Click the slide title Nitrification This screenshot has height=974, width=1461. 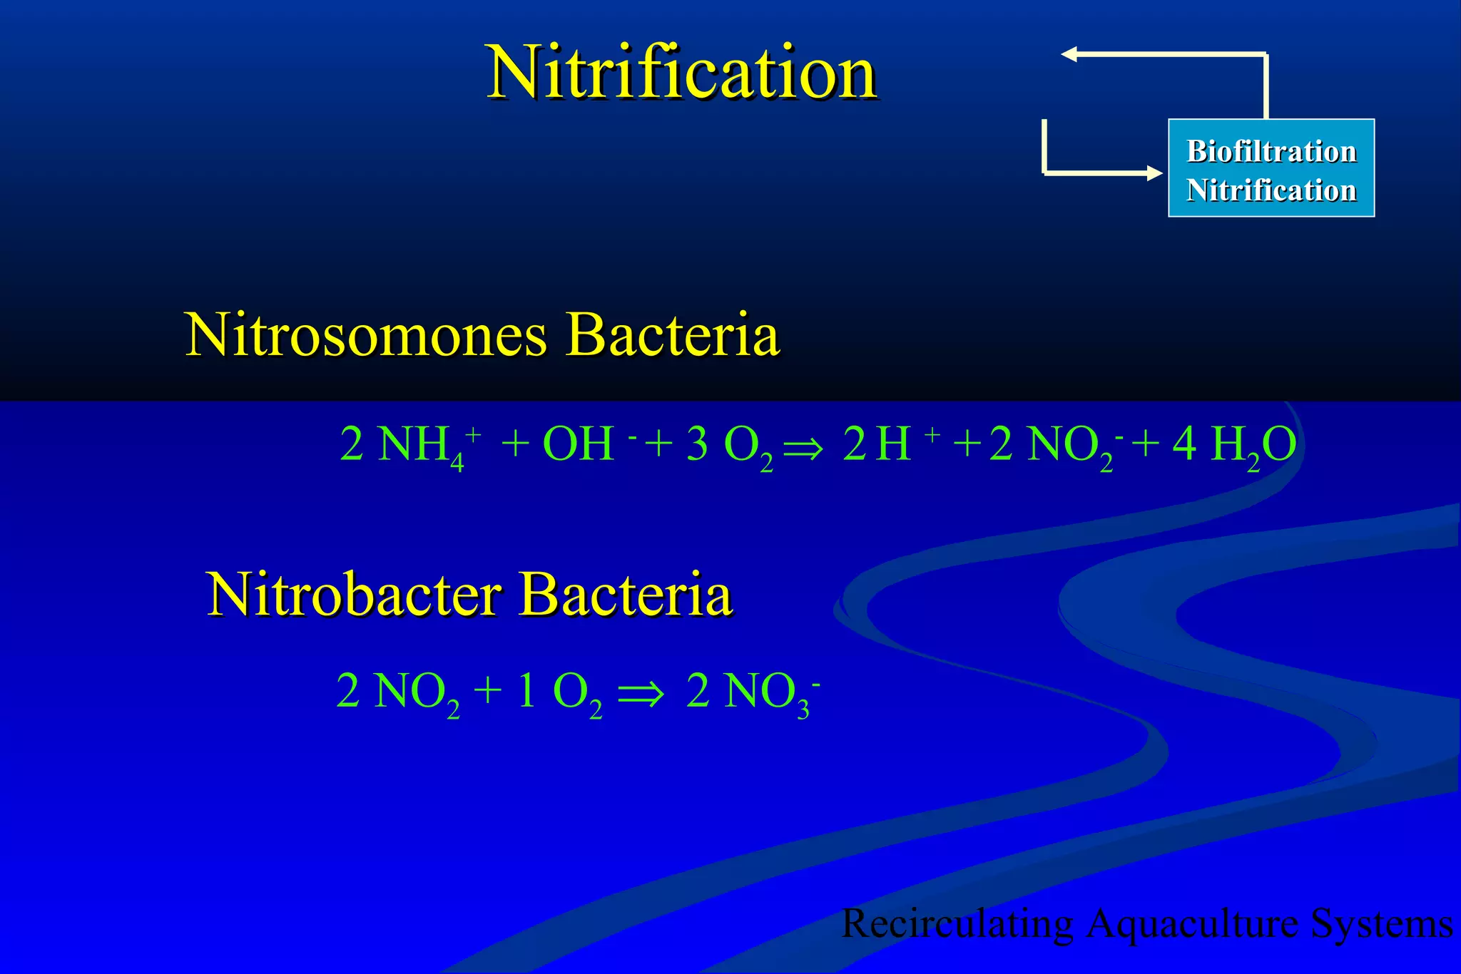click(681, 73)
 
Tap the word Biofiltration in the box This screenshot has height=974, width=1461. click(1271, 151)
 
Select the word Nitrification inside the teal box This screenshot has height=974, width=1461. click(1271, 190)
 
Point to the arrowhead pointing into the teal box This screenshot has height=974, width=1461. click(1154, 173)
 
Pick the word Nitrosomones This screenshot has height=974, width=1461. click(365, 334)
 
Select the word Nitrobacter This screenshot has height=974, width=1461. click(354, 594)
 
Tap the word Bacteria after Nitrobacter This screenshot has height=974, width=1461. click(626, 594)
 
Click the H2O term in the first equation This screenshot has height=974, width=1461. click(1253, 446)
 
